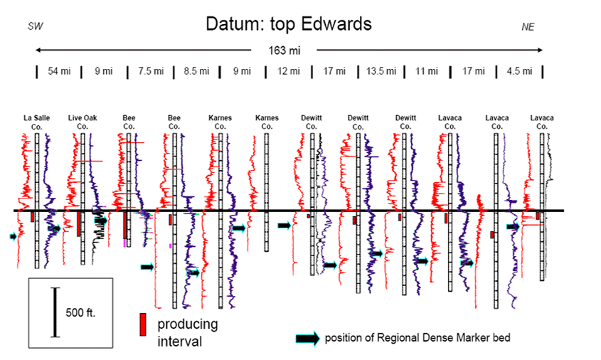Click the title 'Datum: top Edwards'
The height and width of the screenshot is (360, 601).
pos(289,23)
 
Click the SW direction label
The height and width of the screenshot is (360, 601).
pos(36,26)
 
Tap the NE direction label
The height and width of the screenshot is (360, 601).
pos(528,26)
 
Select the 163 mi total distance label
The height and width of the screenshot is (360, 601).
pos(284,51)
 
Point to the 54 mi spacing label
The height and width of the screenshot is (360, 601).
pos(59,71)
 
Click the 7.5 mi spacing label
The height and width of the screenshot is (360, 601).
pos(151,71)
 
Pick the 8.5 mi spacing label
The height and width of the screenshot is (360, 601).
pos(196,71)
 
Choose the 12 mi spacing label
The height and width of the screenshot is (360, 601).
pos(289,71)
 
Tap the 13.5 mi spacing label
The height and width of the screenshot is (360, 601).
pos(381,71)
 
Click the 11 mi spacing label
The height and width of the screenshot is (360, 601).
pos(427,71)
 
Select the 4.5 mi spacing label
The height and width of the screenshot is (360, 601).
pos(519,71)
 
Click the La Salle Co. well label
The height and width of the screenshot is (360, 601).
pos(37,122)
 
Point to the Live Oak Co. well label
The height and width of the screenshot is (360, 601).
pos(83,122)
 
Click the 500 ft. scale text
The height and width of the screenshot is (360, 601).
pos(80,312)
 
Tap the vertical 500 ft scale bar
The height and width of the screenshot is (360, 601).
pos(55,312)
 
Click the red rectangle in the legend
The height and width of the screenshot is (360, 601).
pos(143,324)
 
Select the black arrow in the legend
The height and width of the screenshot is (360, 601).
pos(308,339)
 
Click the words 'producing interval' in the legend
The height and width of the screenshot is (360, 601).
pos(188,332)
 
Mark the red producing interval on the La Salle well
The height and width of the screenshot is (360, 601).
pos(33,216)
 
